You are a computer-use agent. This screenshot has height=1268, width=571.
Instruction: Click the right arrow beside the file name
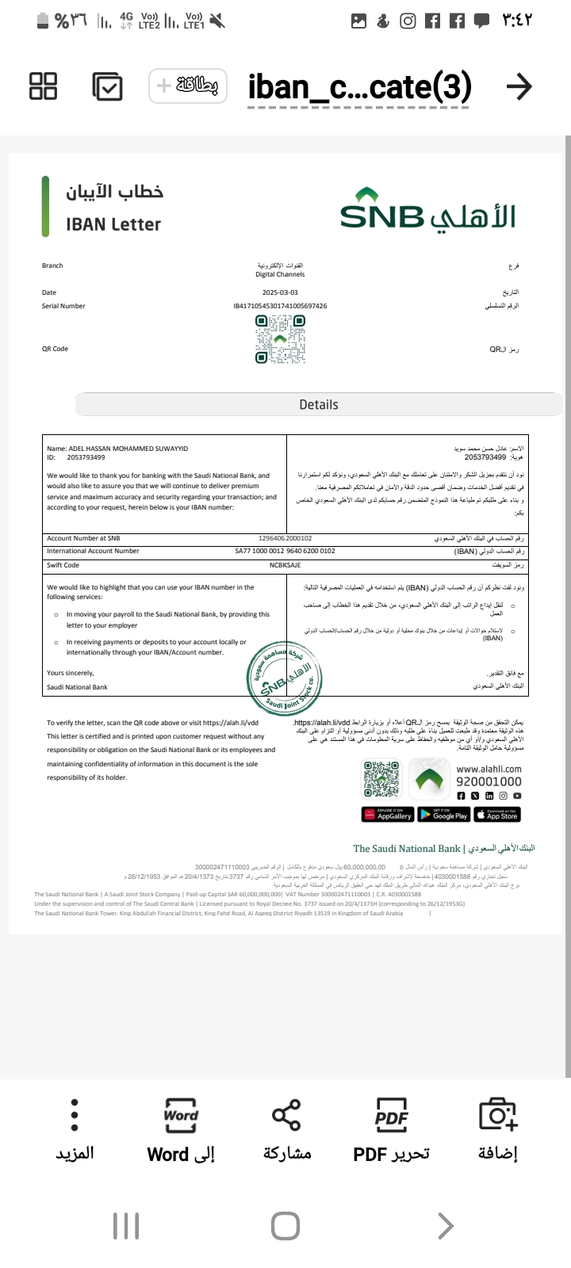tap(519, 86)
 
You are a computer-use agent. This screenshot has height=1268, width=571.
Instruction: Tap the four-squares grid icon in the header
tap(43, 86)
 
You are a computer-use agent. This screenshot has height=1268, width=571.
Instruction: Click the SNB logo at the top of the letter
tap(427, 210)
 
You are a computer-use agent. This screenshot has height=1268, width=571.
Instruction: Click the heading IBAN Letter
tap(113, 224)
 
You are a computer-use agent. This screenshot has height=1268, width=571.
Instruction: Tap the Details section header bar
tap(319, 404)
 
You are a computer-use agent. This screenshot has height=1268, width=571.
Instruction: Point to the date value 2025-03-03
tap(280, 292)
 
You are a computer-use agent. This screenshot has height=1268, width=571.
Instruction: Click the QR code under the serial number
tap(280, 339)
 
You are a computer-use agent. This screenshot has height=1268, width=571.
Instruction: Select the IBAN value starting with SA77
tap(285, 551)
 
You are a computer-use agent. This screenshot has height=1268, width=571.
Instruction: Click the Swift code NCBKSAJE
tap(285, 565)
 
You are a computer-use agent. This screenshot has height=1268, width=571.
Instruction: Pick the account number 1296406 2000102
tap(285, 538)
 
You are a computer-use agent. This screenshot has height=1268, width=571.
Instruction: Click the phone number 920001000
tap(489, 781)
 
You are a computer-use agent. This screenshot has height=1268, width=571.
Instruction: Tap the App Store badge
tap(497, 814)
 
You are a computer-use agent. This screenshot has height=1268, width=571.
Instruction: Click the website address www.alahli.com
tap(489, 768)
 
